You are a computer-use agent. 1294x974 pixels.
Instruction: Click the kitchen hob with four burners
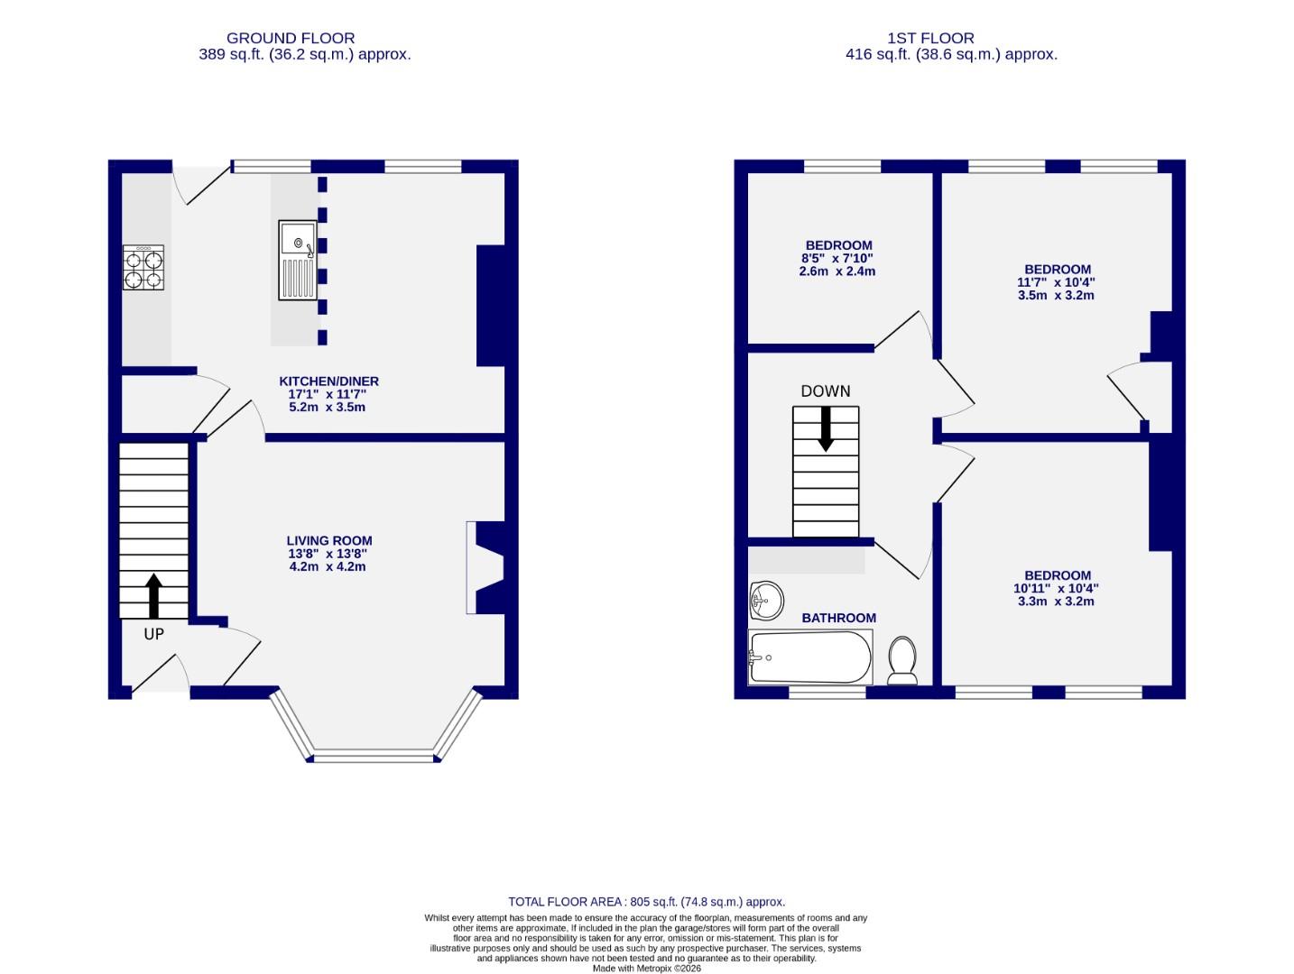(143, 268)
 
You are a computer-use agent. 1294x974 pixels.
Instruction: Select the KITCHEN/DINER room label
(328, 381)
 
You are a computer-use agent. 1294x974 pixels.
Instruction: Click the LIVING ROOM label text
(329, 541)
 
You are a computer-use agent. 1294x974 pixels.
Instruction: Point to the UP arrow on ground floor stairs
(153, 595)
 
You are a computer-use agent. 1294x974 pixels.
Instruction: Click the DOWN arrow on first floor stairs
(826, 428)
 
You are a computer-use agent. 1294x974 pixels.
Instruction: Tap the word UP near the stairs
(153, 634)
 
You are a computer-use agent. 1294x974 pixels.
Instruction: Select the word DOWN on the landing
(826, 391)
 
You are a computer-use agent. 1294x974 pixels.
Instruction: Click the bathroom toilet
(902, 660)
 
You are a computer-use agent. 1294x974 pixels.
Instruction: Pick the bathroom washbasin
(765, 600)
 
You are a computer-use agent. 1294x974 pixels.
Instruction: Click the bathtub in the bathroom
(809, 657)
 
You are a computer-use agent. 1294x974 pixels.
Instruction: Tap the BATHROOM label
(838, 618)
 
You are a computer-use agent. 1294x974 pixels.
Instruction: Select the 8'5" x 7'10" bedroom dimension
(838, 259)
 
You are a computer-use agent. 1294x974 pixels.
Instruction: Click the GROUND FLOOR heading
(291, 38)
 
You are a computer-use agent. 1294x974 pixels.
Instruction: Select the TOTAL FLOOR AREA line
(646, 901)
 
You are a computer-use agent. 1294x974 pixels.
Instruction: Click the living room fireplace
(487, 568)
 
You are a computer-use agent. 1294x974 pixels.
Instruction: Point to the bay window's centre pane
(374, 757)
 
